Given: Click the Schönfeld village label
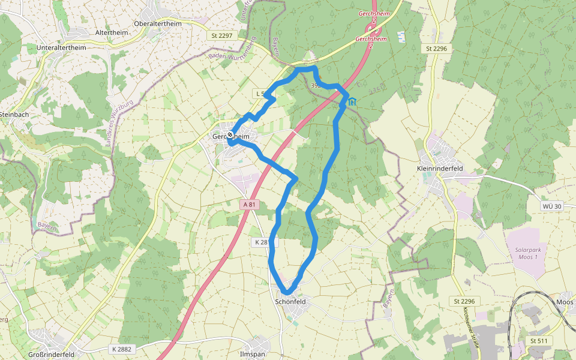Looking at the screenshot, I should pos(290,301).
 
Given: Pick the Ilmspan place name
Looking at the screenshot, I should pos(252,355).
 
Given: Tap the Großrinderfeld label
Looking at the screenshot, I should pos(51,355).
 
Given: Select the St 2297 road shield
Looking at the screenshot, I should pos(222,36).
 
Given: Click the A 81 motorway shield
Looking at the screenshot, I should pos(250,205).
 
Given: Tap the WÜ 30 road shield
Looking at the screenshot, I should pos(551,206).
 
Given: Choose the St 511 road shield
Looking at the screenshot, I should pos(538,341).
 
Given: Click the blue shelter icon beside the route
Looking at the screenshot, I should pos(352,101).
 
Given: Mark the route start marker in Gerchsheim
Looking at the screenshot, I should pos(230,135).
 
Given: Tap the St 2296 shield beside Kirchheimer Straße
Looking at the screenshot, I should pos(464,301).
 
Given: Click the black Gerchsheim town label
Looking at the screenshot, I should pos(231,137).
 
